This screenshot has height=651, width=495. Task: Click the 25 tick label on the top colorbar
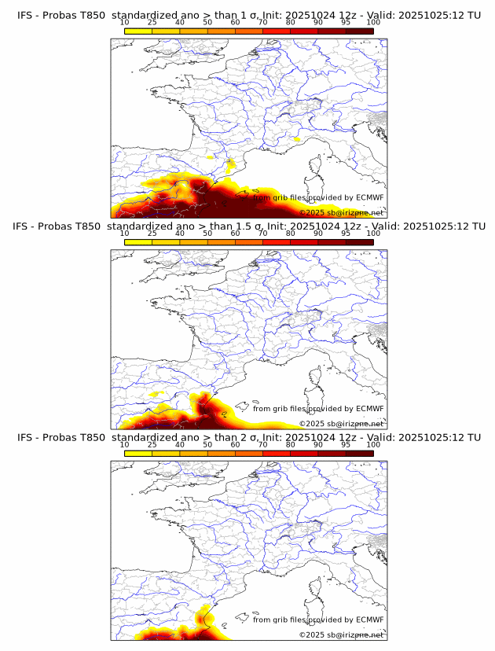(x=152, y=22)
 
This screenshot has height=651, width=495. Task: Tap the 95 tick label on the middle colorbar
(x=346, y=234)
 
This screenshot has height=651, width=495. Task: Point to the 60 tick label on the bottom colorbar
(x=235, y=444)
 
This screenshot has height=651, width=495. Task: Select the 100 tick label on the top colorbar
(x=373, y=22)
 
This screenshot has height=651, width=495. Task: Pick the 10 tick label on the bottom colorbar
(x=125, y=444)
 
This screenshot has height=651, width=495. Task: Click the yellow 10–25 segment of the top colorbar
(x=138, y=31)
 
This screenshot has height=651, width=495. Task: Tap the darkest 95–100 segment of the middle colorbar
(x=359, y=242)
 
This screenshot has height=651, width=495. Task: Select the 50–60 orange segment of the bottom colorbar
(x=221, y=453)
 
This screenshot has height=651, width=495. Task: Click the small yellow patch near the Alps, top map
(x=296, y=139)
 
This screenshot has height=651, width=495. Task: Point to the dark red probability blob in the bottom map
(x=206, y=620)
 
